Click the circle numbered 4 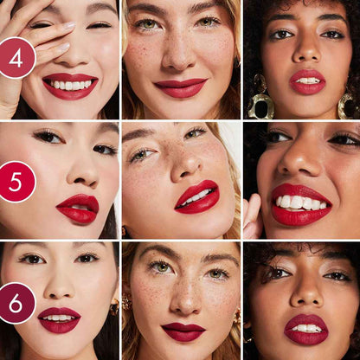(x=16, y=59)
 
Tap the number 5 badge (x=16, y=183)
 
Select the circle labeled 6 (x=16, y=303)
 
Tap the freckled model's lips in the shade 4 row (x=181, y=87)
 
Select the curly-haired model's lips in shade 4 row (x=306, y=81)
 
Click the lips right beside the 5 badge (x=79, y=209)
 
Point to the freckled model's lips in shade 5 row (x=197, y=196)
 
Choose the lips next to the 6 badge (x=59, y=318)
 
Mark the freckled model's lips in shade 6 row (x=183, y=331)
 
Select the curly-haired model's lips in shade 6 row (x=306, y=329)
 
